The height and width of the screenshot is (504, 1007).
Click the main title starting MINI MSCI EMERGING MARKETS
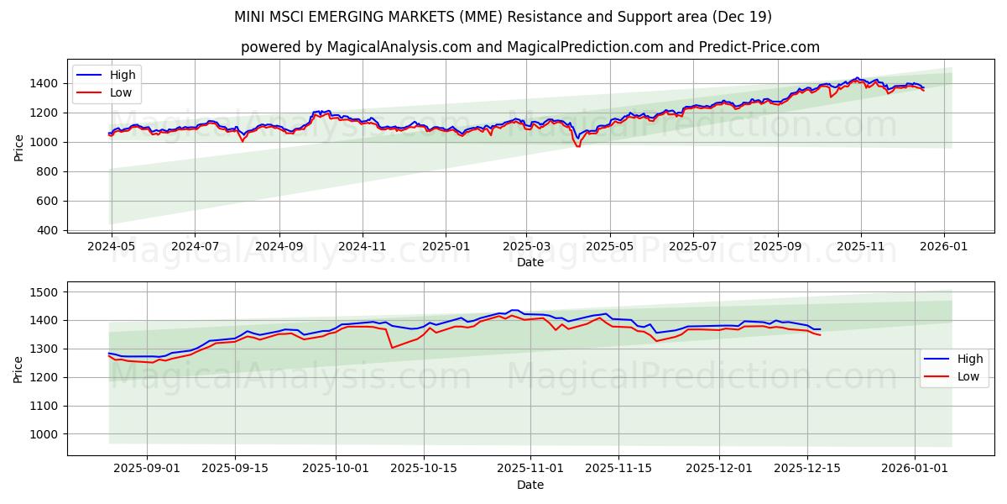[503, 17]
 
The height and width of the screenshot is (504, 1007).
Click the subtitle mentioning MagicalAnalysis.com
[530, 47]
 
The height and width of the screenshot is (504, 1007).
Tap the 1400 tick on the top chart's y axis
[44, 83]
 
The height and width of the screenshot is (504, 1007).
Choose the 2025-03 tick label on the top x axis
[526, 248]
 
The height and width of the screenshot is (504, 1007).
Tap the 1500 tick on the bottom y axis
[44, 292]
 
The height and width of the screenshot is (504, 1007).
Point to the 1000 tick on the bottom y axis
[44, 434]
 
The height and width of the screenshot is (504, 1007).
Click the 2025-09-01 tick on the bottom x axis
[148, 469]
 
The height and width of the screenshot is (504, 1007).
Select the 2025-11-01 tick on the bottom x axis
[530, 469]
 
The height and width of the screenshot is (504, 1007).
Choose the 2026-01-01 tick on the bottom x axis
[914, 469]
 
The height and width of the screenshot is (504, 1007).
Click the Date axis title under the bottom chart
[530, 485]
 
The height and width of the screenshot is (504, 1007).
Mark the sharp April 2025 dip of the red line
[577, 146]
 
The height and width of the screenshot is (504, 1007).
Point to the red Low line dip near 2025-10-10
[392, 348]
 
